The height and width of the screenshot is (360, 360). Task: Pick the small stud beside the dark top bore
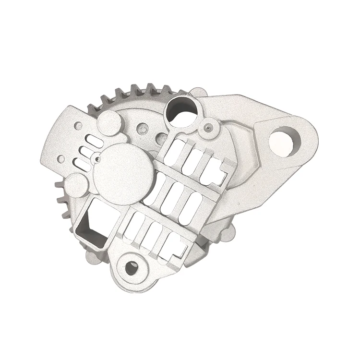pyautogui.click(x=207, y=127)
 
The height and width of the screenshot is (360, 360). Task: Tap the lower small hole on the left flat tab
pyautogui.click(x=60, y=158)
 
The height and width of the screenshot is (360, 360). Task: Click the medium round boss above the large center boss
pyautogui.click(x=109, y=122)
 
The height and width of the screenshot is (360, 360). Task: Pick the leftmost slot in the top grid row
pyautogui.click(x=173, y=150)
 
